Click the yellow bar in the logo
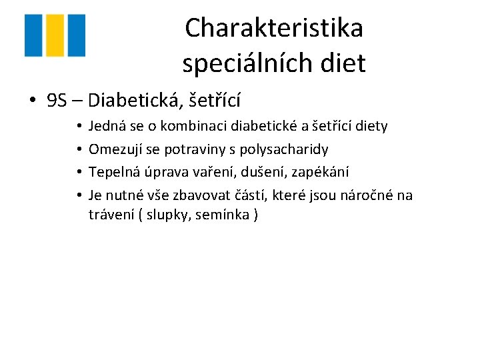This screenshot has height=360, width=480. pos(55,35)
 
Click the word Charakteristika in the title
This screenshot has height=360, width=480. pos(274,28)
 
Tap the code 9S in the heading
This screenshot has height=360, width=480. pos(57,101)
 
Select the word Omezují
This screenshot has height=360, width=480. pos(114,149)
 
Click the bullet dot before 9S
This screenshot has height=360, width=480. pos(32,101)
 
